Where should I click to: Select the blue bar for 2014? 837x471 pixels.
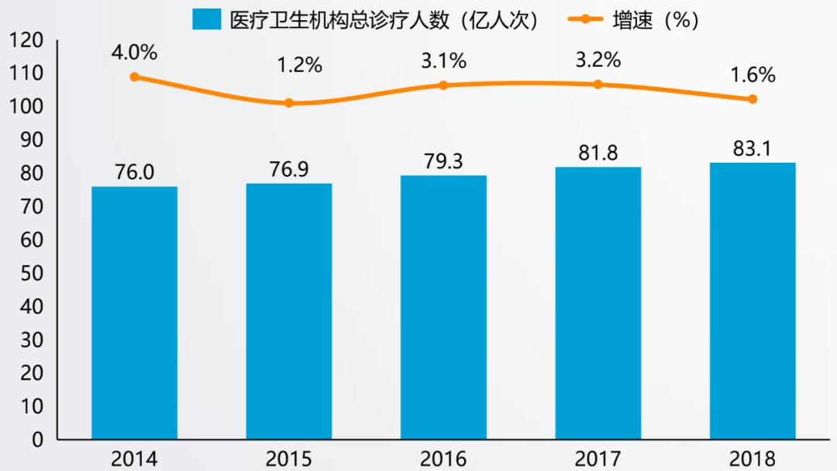134,313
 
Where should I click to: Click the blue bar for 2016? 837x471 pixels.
443,308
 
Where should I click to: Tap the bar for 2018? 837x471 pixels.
753,301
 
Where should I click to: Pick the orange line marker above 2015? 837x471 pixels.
289,103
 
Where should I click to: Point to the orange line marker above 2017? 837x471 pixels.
598,84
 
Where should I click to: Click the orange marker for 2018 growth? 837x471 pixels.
753,99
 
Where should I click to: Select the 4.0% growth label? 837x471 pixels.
134,53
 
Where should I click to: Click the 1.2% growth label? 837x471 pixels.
299,65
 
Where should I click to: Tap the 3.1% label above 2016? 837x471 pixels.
443,60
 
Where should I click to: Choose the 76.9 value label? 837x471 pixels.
289,170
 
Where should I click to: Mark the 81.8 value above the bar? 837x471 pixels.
598,153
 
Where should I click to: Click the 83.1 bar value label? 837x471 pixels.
753,149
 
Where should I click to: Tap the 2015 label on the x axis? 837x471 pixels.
289,459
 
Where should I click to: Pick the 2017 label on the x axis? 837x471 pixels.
598,459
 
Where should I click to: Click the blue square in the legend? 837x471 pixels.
207,19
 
